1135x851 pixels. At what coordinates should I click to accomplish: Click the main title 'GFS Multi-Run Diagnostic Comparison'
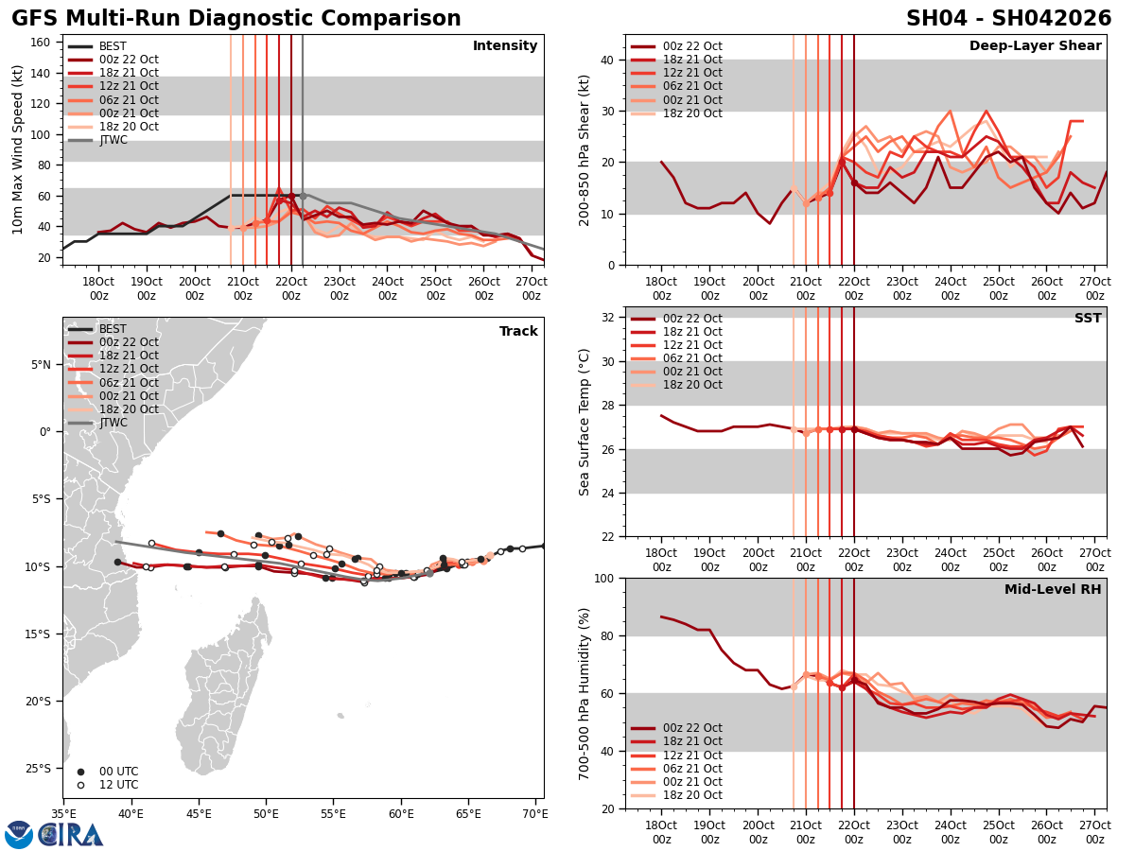point(236,19)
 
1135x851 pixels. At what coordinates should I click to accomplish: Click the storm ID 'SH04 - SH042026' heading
point(1008,19)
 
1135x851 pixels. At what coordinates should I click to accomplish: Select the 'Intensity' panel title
point(505,46)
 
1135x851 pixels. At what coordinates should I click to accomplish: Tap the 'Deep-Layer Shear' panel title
point(1035,46)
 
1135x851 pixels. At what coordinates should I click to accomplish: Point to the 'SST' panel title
point(1087,319)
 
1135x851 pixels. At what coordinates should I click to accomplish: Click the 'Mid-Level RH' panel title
point(1053,590)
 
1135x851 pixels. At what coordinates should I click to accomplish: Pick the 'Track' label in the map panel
point(518,332)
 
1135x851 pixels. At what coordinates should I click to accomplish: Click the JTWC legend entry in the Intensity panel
point(113,141)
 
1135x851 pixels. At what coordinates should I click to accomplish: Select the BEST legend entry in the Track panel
point(113,329)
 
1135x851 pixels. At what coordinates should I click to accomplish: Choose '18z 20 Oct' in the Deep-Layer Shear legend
point(693,113)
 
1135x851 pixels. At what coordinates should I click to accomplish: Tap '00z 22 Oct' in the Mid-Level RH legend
point(693,728)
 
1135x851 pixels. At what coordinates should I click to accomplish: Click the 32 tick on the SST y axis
point(609,318)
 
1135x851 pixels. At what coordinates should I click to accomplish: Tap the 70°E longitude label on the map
point(534,812)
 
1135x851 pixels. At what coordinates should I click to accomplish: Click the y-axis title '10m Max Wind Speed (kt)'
point(16,149)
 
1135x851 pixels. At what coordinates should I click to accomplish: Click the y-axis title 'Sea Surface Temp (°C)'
point(585,422)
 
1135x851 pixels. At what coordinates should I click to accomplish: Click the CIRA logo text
point(72,835)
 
